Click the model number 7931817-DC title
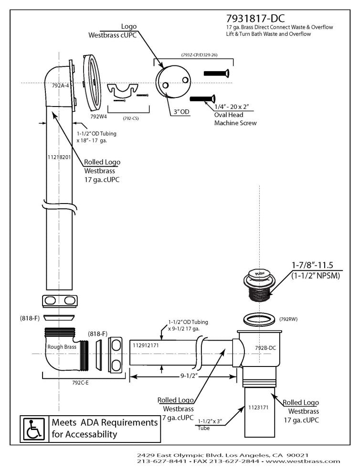pyautogui.click(x=255, y=18)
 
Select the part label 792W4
pyautogui.click(x=98, y=116)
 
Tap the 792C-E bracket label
pyautogui.click(x=81, y=382)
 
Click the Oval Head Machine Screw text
pyautogui.click(x=234, y=119)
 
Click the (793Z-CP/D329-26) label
pyautogui.click(x=199, y=55)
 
